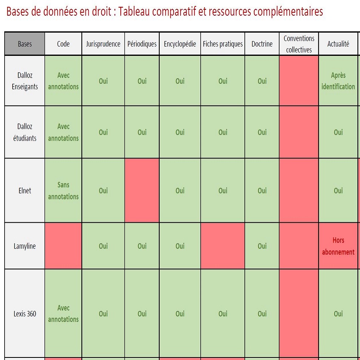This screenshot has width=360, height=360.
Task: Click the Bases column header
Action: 25,44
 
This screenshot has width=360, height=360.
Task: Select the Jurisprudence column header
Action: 103,44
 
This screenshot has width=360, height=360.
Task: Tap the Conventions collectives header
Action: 299,44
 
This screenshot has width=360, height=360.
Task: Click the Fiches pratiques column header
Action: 223,44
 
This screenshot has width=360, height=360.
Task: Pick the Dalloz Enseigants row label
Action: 25,81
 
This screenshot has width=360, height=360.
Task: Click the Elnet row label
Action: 25,191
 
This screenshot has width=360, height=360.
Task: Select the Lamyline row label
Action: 25,246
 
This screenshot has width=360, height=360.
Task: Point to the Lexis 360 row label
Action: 25,314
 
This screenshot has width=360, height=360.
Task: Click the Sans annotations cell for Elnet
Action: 63,191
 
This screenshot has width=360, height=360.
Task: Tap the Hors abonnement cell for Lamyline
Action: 338,246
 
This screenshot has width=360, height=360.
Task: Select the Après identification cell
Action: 338,81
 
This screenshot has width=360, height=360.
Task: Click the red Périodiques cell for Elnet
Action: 142,191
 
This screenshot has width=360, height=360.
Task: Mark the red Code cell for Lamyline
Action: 63,246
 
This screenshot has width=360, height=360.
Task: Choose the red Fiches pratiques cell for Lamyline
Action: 223,246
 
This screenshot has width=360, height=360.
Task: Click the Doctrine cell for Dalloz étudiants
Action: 262,132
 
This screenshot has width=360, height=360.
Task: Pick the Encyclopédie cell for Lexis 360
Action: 180,314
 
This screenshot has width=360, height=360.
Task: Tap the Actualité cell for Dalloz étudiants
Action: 338,132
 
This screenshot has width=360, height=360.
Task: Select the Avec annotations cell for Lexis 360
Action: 63,314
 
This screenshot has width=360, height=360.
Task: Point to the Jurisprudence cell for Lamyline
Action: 103,246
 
